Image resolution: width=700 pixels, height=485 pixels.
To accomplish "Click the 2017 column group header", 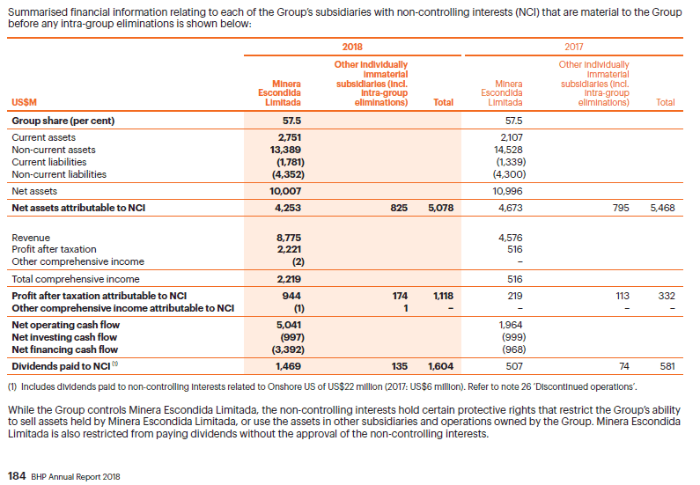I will coord(573,46).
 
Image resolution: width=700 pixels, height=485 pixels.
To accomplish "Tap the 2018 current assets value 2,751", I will coord(290,137).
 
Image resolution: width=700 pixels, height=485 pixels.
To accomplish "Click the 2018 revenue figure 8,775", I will coord(290,237).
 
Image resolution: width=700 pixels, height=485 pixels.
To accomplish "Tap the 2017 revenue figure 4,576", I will coord(510,237).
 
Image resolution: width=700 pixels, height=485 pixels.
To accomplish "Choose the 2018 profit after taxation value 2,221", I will coord(290,249).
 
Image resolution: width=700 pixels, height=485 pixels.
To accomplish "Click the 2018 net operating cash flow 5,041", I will coord(290,325).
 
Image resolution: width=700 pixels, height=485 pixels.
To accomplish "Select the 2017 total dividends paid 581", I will coord(667,364).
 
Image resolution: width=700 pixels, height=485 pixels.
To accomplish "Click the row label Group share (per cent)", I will coord(63,121).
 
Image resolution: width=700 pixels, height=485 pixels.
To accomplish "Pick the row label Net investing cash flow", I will coord(65,337).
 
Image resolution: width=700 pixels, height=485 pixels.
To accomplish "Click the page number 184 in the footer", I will coord(16,476).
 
